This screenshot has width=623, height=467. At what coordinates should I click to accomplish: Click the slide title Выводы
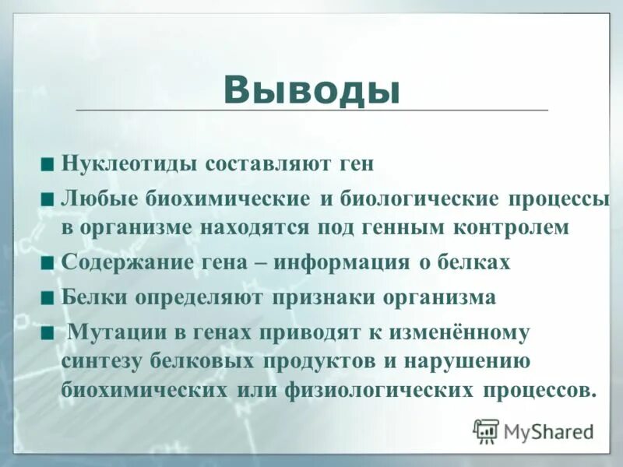(311, 90)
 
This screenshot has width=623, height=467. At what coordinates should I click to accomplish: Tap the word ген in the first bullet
(356, 164)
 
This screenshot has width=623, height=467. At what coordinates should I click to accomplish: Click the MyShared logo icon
(486, 430)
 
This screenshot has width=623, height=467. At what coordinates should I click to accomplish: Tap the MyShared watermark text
(549, 430)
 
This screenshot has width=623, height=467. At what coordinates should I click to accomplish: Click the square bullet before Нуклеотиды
(48, 164)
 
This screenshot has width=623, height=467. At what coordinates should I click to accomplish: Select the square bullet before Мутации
(48, 332)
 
